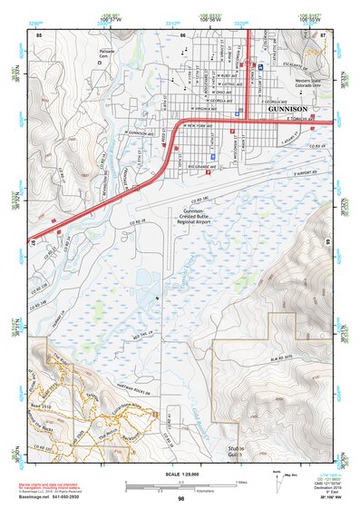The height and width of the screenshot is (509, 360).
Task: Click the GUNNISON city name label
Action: [x=290, y=107]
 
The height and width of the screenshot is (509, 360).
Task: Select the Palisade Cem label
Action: [x=108, y=53]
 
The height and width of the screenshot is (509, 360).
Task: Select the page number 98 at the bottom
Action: [x=180, y=499]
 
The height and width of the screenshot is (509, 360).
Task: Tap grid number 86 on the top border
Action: [x=182, y=34]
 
